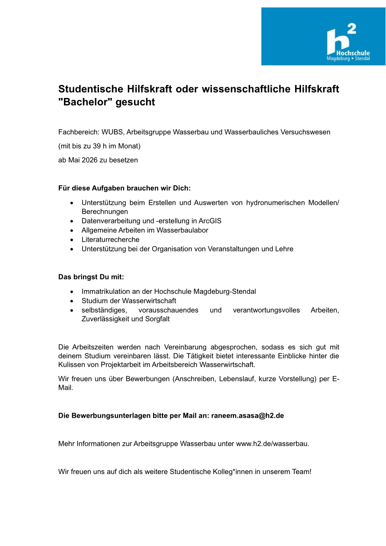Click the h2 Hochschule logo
click(x=323, y=36)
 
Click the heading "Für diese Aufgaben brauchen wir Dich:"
click(x=125, y=188)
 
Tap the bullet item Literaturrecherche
click(x=110, y=239)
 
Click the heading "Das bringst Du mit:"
click(x=91, y=277)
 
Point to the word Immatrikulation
click(x=106, y=291)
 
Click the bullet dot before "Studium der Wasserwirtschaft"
click(x=71, y=301)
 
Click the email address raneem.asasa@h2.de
click(x=247, y=415)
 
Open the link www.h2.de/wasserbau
click(x=272, y=443)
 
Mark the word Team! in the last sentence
click(x=301, y=471)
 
